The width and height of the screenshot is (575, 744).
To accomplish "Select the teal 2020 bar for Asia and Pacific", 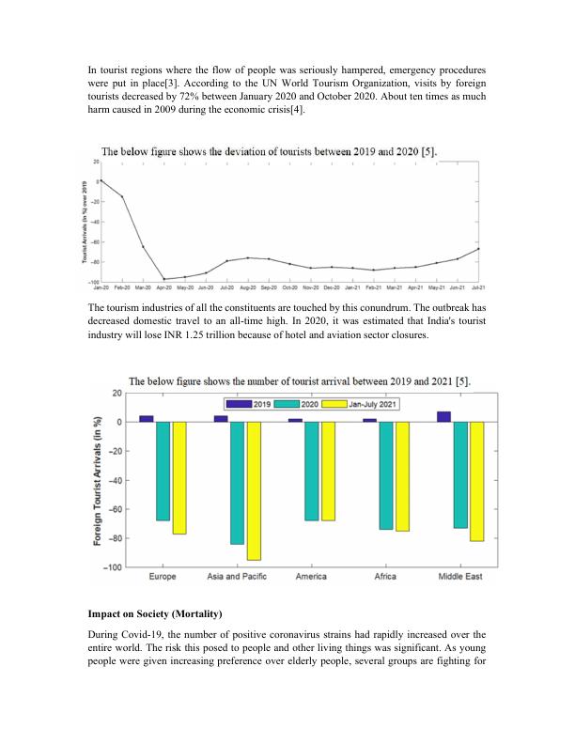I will click(237, 482).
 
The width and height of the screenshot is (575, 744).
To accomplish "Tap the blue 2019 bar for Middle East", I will click(443, 417).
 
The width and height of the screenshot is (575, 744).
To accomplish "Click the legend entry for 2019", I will click(254, 403).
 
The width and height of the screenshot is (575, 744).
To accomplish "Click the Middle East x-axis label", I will click(459, 577).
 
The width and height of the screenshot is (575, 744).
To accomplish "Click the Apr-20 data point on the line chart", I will click(164, 279).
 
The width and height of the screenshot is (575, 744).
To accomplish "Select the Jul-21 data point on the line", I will click(478, 249).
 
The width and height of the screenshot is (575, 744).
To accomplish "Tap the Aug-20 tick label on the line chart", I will click(248, 287).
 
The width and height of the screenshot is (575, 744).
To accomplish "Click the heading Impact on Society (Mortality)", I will click(154, 613).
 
